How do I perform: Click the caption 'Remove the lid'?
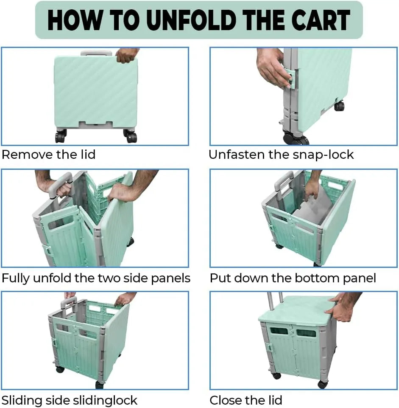tap(49, 155)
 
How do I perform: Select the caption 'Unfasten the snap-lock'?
tap(281, 155)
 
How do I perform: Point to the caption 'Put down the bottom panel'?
tap(293, 278)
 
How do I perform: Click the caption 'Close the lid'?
tap(246, 400)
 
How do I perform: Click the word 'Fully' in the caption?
tap(16, 279)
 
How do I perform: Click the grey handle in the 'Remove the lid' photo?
tap(96, 53)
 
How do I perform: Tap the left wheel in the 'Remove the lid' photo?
tap(61, 136)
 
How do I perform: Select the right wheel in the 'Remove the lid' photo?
tap(130, 136)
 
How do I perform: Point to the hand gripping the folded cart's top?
tap(126, 56)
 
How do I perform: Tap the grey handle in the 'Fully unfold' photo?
tap(60, 185)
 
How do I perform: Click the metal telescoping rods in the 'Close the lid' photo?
tap(275, 301)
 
